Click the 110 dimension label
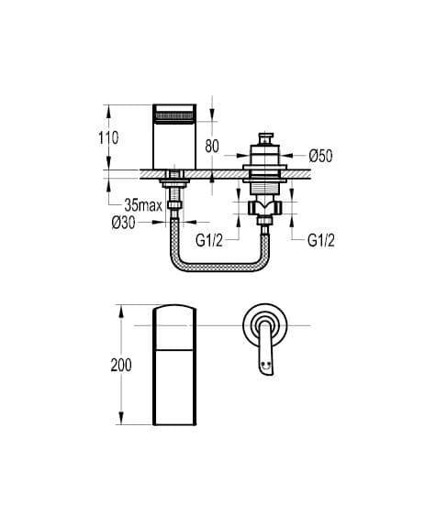(x=108, y=137)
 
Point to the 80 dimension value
(x=212, y=146)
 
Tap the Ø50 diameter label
(x=321, y=156)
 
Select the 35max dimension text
(x=143, y=206)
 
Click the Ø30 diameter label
(x=123, y=223)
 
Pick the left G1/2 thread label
(x=209, y=240)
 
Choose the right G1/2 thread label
(x=321, y=240)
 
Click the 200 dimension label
(x=121, y=365)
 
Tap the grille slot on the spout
(x=174, y=116)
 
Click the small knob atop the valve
(x=265, y=138)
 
